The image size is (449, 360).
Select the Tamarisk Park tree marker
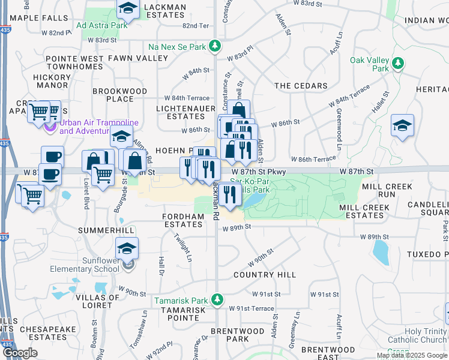point(220,300)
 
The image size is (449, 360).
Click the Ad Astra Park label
point(102,26)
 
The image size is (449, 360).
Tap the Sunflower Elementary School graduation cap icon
point(127,248)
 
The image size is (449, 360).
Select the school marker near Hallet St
point(403,125)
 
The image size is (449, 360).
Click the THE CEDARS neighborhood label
point(301,86)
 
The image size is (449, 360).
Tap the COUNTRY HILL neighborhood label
point(265,274)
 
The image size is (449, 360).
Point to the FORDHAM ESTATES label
point(183,220)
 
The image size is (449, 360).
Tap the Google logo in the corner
point(20,353)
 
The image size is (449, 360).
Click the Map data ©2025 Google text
point(411,355)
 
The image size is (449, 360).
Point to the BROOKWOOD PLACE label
point(119,95)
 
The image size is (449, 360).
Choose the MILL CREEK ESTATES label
point(361,211)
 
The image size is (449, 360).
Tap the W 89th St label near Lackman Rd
point(236,228)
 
